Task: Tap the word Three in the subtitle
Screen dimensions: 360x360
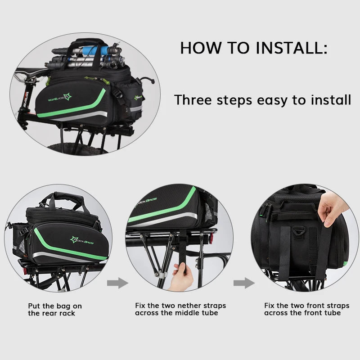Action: pos(193,99)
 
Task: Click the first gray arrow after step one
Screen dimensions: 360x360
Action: pos(117,283)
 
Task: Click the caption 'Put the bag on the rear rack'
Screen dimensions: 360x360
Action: pos(55,310)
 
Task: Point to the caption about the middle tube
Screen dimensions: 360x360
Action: pos(180,309)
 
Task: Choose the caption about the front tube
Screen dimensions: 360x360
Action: pos(306,309)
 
